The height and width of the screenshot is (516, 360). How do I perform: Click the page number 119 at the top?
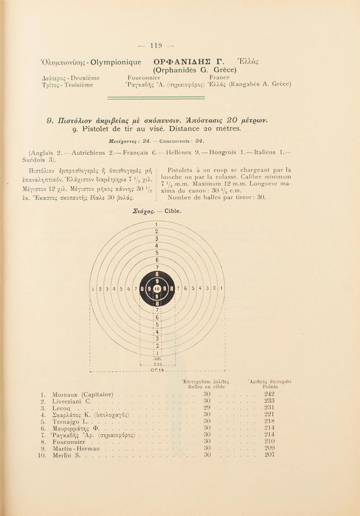coord(156,45)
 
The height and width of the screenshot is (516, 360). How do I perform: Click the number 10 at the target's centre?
coord(157,289)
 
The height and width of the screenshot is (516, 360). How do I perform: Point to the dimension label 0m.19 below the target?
coord(157,370)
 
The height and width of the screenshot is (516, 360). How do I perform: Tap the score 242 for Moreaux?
coord(269,394)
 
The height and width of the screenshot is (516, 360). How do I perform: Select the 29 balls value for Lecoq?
coord(207,408)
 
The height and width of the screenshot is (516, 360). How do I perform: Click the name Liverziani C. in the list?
coord(72,401)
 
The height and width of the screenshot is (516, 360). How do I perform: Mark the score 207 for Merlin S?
coord(269,455)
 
